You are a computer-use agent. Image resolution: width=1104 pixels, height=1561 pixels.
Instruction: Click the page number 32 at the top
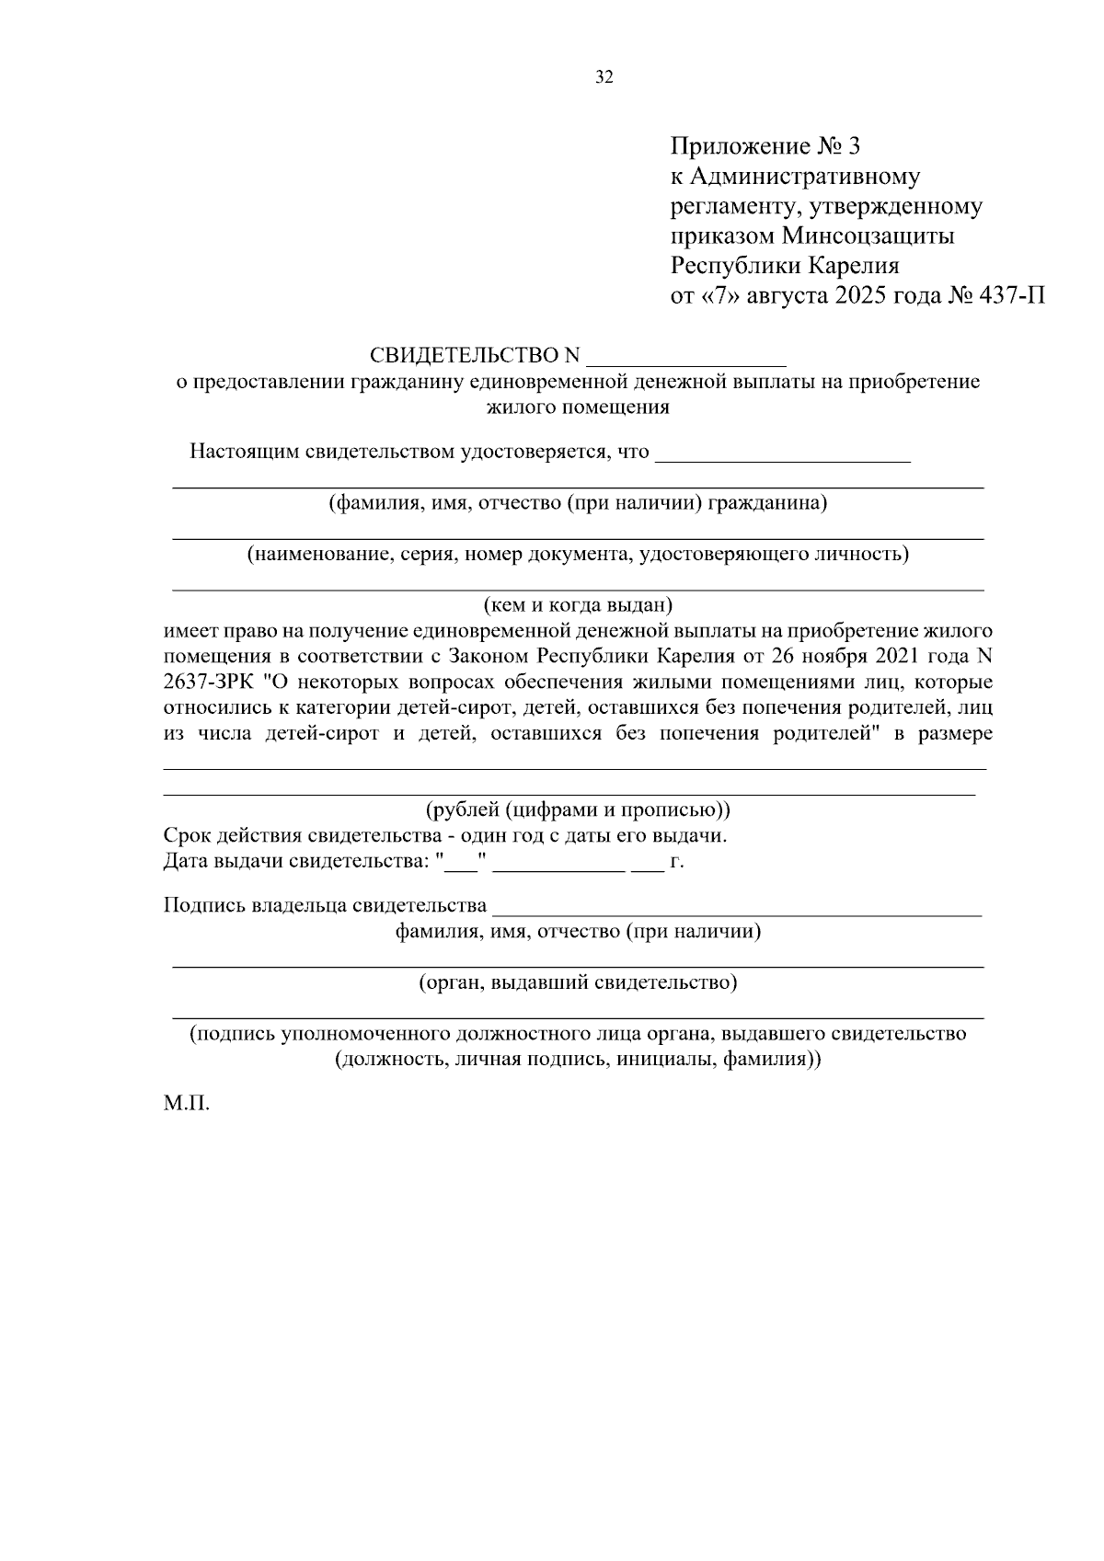click(604, 77)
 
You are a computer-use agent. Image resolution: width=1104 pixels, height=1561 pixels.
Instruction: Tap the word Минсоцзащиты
click(868, 236)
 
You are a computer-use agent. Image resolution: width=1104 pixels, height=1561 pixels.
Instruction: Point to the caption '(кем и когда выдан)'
click(579, 605)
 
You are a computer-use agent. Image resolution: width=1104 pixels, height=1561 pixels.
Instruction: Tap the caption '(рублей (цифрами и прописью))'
click(578, 810)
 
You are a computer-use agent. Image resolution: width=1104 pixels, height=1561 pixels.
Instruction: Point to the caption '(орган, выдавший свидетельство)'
click(578, 982)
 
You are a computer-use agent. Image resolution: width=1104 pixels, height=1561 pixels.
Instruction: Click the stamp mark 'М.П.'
click(187, 1103)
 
